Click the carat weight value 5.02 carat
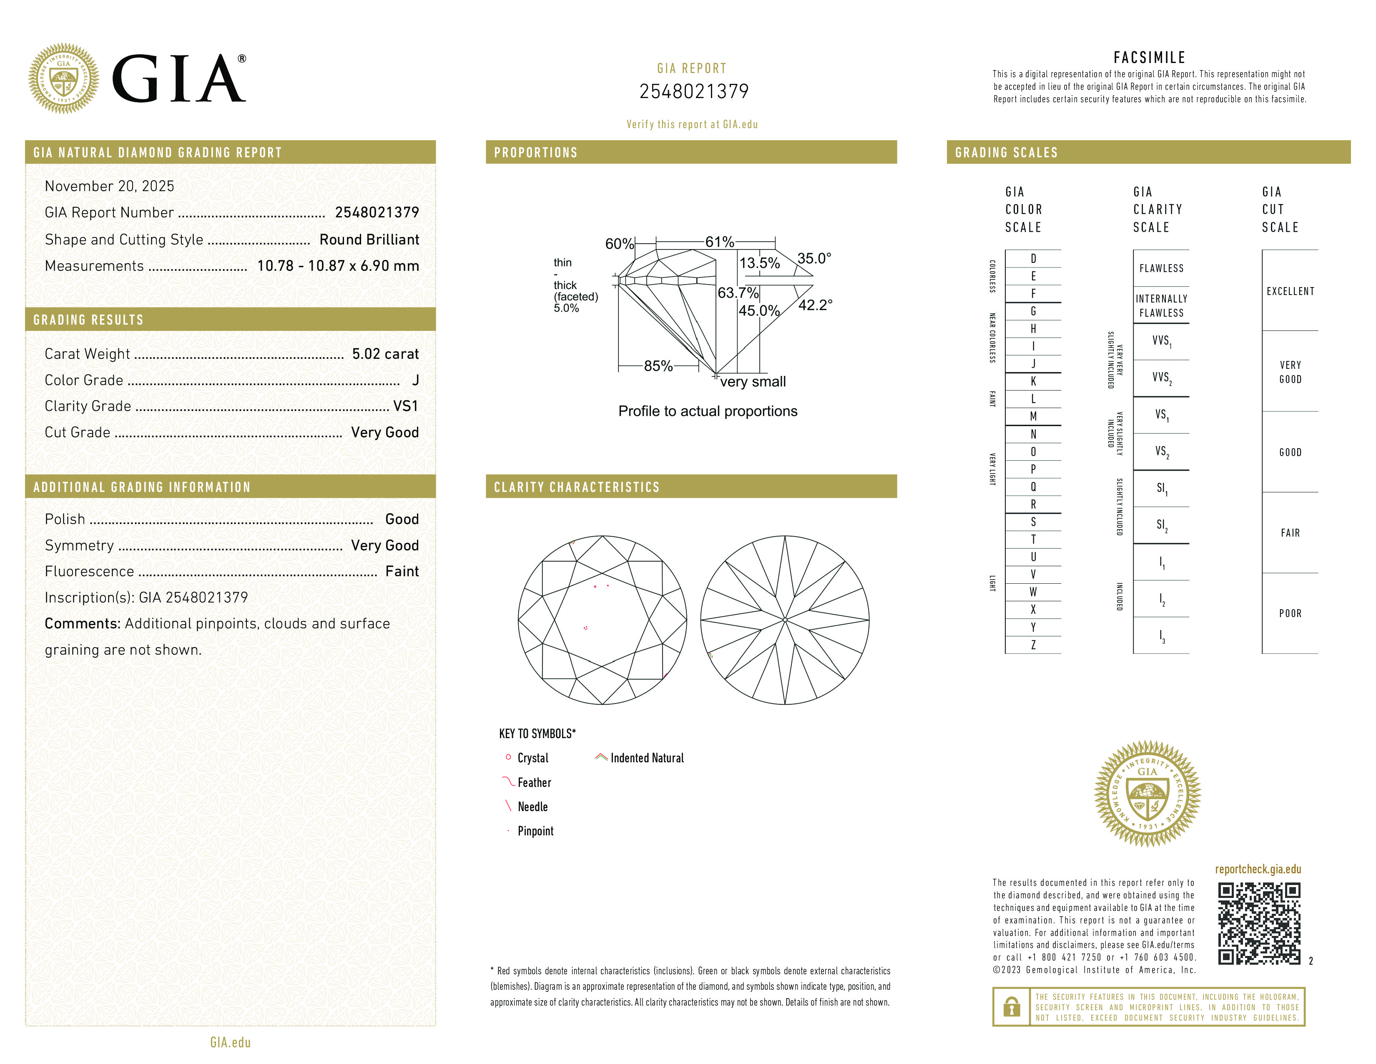pyautogui.click(x=385, y=354)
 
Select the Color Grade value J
pyautogui.click(x=415, y=380)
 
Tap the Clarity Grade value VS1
pyautogui.click(x=405, y=406)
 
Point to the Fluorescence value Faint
pyautogui.click(x=401, y=572)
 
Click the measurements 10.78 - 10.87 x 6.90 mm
pyautogui.click(x=338, y=266)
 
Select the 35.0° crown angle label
pyautogui.click(x=814, y=258)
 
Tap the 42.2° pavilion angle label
pyautogui.click(x=815, y=305)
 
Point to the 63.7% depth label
pyautogui.click(x=738, y=293)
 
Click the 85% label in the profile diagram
pyautogui.click(x=658, y=366)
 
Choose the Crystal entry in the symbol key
pyautogui.click(x=532, y=758)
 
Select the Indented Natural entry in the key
pyautogui.click(x=646, y=758)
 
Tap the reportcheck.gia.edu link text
pyautogui.click(x=1258, y=869)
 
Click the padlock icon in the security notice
pyautogui.click(x=1011, y=1007)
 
